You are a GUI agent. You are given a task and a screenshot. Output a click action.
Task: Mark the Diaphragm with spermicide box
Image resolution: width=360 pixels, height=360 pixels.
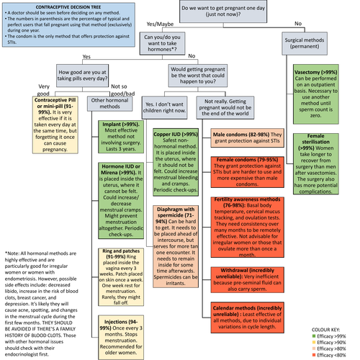coord(179,234)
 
